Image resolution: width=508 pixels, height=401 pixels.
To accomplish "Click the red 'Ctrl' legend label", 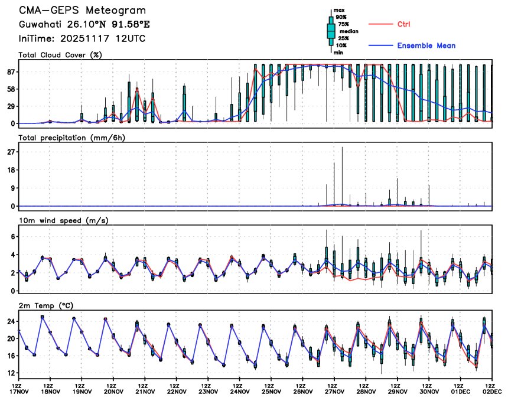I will (x=404, y=24).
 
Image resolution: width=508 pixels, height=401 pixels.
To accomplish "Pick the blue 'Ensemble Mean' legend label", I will (x=426, y=45).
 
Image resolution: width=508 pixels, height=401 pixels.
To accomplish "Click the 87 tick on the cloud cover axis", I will (x=11, y=71).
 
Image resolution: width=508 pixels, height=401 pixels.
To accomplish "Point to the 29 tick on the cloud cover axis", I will (x=11, y=106).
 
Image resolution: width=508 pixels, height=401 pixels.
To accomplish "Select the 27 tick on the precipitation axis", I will (x=11, y=152).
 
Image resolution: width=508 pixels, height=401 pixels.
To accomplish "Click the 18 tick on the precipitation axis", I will (x=11, y=170).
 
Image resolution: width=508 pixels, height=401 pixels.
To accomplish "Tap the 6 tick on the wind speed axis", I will (x=12, y=236).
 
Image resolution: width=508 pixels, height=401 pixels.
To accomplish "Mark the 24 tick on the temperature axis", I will (x=11, y=322).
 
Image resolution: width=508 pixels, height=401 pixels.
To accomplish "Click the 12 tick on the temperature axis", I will (x=11, y=373).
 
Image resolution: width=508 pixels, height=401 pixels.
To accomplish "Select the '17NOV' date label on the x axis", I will (x=19, y=392).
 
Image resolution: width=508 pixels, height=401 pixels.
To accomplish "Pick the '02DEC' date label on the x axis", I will (x=492, y=392).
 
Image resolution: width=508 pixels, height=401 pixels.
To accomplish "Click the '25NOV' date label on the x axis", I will (x=271, y=392).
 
